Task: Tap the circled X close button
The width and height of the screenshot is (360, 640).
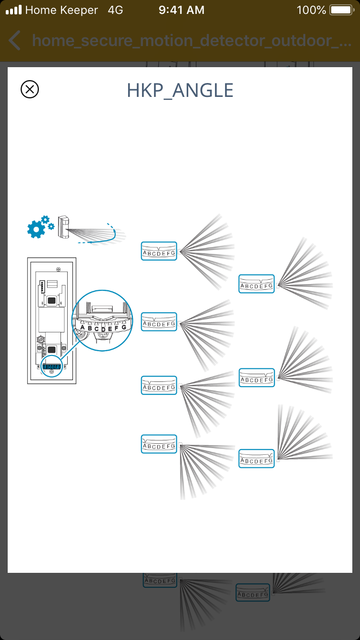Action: [30, 90]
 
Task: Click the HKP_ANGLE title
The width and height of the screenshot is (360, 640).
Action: [180, 90]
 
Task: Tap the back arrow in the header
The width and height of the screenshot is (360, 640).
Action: [15, 40]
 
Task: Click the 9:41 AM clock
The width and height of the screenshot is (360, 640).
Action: [181, 10]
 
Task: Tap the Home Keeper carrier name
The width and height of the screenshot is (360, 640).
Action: [61, 10]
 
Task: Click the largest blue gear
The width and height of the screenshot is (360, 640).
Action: [36, 229]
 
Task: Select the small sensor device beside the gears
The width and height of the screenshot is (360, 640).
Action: [63, 226]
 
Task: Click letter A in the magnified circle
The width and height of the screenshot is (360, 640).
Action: [83, 328]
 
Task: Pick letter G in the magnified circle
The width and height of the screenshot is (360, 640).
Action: [124, 327]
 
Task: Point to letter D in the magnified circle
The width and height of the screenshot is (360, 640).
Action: [103, 329]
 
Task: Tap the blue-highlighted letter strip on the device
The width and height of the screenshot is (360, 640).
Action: [52, 367]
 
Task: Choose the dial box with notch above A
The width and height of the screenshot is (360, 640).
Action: [159, 444]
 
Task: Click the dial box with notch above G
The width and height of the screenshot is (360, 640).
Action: [256, 459]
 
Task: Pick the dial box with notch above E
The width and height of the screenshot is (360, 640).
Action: [256, 284]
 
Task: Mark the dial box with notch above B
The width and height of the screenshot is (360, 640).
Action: [159, 385]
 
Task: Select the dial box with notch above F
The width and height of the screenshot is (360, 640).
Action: [256, 378]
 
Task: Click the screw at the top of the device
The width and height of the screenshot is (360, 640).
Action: [58, 268]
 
